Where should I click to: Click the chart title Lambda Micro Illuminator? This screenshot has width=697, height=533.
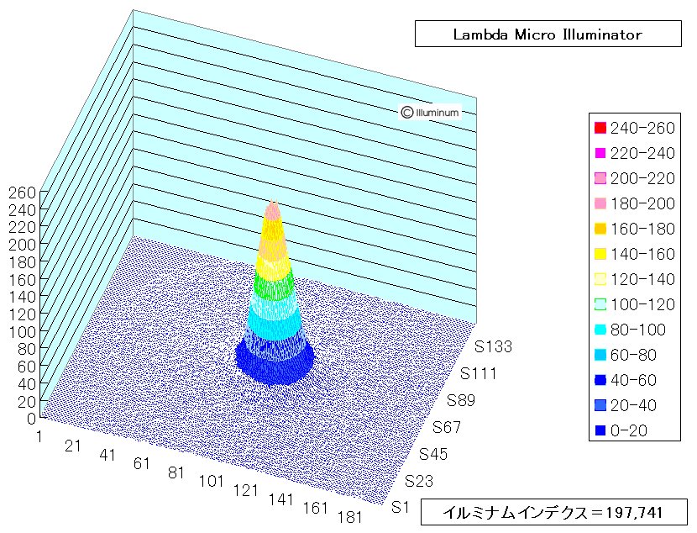(x=548, y=34)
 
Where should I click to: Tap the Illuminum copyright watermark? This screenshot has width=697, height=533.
(x=429, y=112)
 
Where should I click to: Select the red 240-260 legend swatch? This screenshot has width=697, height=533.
(x=600, y=128)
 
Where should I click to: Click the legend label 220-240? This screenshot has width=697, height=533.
(x=642, y=153)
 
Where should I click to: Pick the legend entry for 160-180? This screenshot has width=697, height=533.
(x=635, y=229)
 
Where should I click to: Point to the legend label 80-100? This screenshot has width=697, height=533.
(x=638, y=330)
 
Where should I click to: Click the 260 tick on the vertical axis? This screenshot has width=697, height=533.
(x=22, y=193)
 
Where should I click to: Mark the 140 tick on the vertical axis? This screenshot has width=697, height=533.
(x=22, y=297)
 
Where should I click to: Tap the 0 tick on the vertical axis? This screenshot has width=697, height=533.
(x=31, y=419)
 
